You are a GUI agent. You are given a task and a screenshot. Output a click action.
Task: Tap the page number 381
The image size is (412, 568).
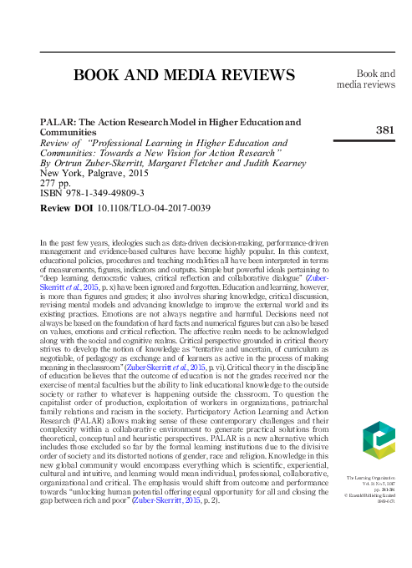tap(384, 130)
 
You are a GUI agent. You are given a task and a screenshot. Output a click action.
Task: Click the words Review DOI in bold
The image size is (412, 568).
tap(68, 206)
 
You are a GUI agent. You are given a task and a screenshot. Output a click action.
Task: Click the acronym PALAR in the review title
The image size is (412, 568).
tap(57, 122)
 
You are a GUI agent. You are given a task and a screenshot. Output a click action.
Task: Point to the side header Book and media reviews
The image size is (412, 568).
tap(365, 79)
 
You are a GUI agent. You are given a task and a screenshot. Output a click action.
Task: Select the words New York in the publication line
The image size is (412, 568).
tap(59, 170)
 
